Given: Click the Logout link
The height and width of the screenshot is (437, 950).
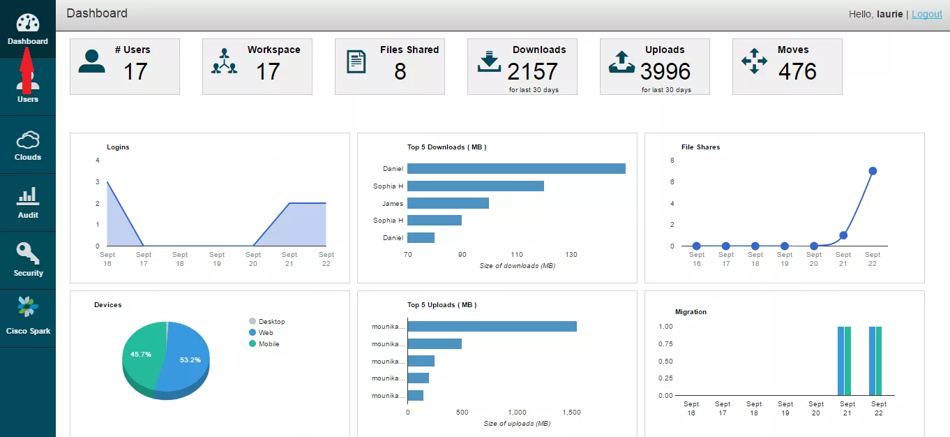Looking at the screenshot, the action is (x=927, y=14).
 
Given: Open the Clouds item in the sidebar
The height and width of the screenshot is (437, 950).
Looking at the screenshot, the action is (x=28, y=145).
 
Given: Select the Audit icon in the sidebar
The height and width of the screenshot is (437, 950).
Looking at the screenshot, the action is (x=28, y=196).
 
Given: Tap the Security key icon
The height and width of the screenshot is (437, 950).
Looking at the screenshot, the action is (x=28, y=253).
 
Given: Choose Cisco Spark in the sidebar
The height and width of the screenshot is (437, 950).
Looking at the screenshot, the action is (x=28, y=318).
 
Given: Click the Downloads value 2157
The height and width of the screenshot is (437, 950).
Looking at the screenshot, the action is (x=532, y=71).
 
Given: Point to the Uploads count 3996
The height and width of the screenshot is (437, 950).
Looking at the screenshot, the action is (x=665, y=71).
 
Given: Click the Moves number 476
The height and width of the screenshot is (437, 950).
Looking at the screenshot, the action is (x=797, y=71).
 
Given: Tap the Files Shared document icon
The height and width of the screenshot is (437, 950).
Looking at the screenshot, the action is (x=356, y=62).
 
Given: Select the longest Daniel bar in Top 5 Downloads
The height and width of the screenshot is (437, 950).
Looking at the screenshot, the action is (x=516, y=168).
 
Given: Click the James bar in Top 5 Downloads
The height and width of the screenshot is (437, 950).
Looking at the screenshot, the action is (x=448, y=203).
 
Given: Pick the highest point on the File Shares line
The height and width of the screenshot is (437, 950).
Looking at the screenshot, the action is (x=873, y=171).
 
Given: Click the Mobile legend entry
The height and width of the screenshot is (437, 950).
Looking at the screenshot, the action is (x=264, y=343).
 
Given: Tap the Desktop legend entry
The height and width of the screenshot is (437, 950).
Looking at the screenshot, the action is (x=267, y=321).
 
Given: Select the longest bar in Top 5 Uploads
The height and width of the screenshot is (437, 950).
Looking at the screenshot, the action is (x=492, y=326).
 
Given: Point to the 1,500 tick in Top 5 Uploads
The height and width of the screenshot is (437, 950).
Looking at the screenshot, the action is (x=572, y=413).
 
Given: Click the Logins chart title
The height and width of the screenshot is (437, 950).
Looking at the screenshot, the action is (x=118, y=147).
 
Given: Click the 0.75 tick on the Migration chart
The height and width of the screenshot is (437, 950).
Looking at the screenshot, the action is (x=665, y=343).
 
